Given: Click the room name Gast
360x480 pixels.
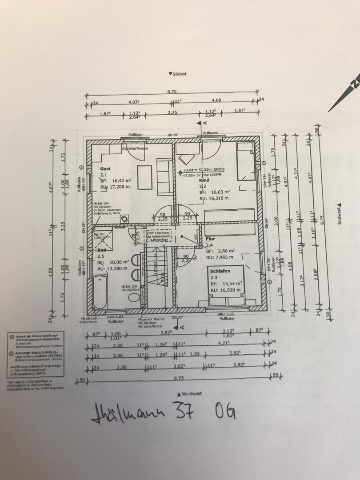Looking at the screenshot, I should tap(105, 169).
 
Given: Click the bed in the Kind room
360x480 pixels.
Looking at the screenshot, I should tap(244, 162).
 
